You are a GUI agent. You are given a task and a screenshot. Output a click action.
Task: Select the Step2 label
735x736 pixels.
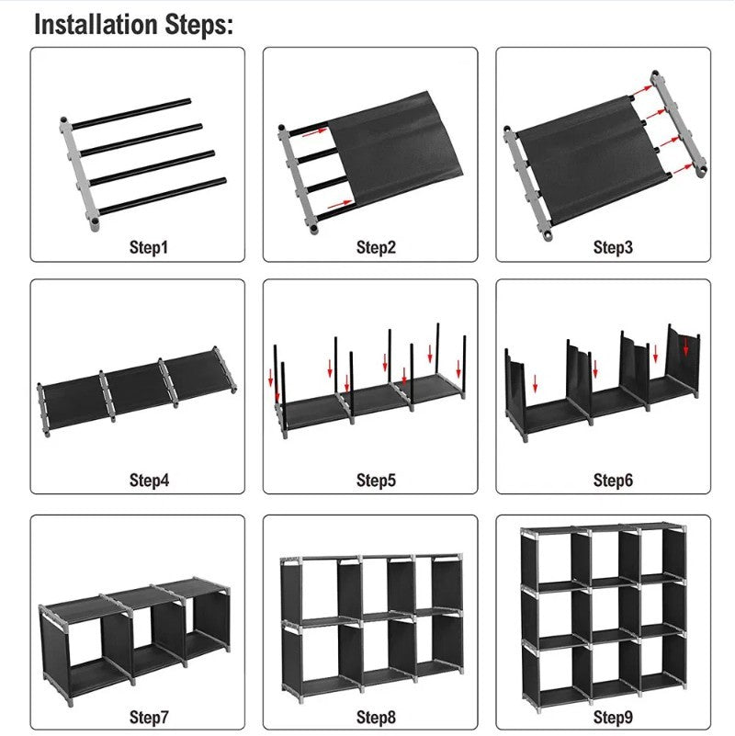click(x=376, y=246)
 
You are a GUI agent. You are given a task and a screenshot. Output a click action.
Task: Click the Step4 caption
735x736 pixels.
click(x=148, y=480)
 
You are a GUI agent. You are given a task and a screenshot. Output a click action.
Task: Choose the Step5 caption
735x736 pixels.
click(x=376, y=480)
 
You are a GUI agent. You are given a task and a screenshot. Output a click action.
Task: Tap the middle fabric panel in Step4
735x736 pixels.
click(x=136, y=384)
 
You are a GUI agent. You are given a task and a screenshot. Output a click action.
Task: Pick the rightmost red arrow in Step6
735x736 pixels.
click(x=685, y=347)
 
